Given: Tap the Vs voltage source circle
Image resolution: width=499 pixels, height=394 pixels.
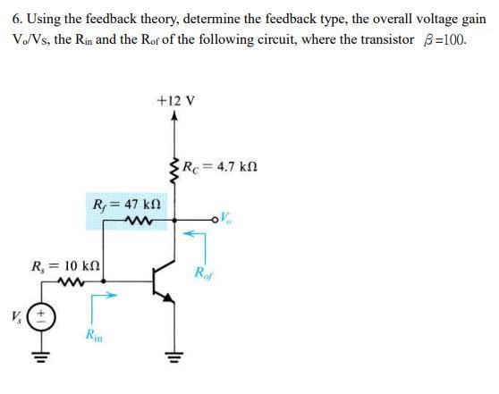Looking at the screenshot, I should coord(40,316).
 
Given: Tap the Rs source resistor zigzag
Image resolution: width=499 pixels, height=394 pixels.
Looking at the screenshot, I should coord(67,281).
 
